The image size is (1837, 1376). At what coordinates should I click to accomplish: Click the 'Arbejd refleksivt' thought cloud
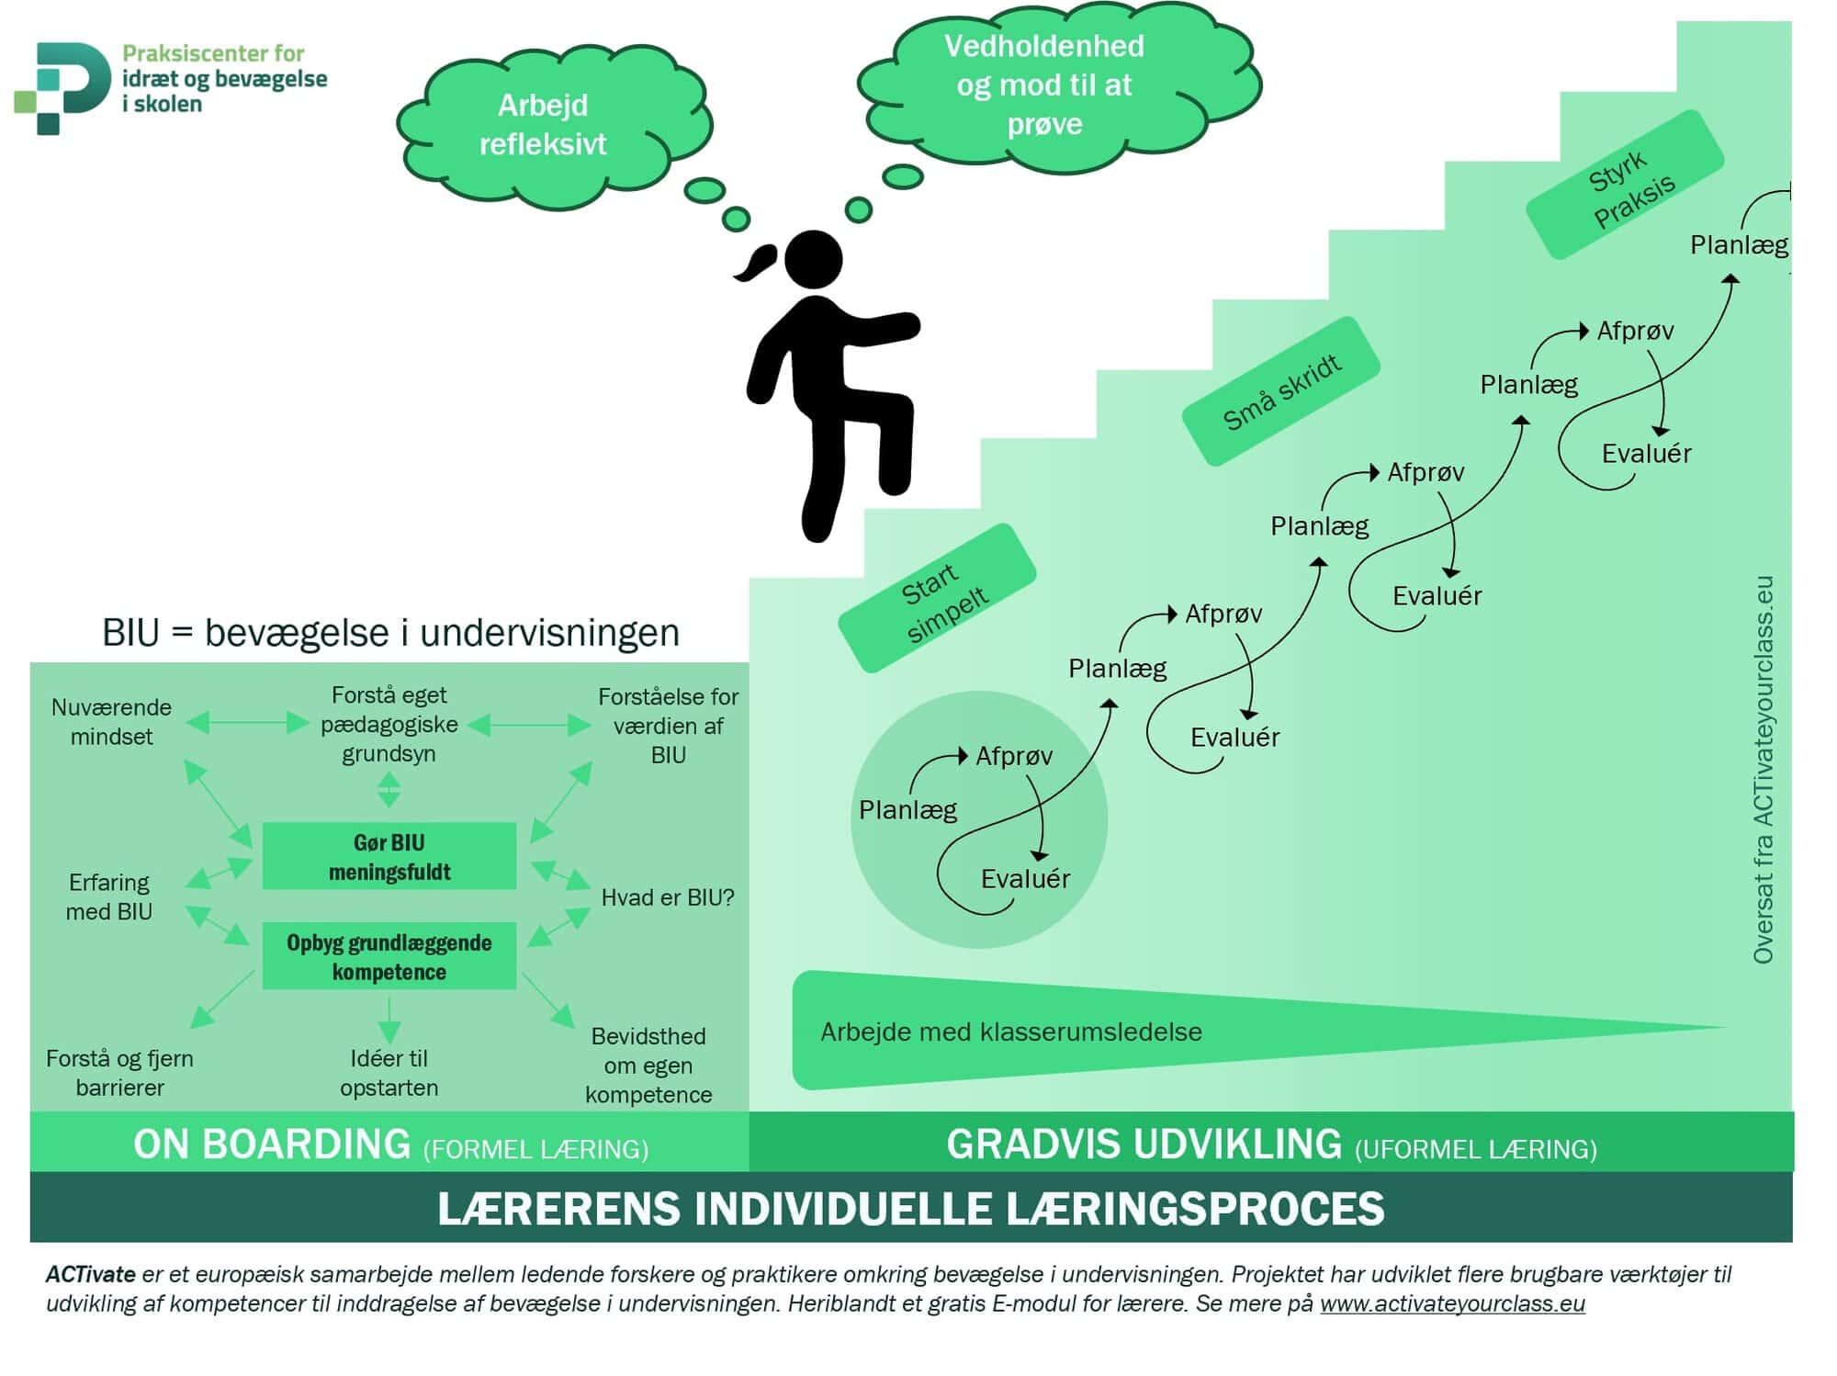pyautogui.click(x=544, y=125)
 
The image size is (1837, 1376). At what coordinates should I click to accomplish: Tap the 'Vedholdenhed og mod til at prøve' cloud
pyautogui.click(x=1044, y=85)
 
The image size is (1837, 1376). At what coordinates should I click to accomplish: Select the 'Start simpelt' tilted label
pyautogui.click(x=938, y=598)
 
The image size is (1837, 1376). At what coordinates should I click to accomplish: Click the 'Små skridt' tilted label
pyautogui.click(x=1280, y=391)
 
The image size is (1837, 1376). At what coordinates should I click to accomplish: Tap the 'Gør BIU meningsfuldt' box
pyautogui.click(x=389, y=856)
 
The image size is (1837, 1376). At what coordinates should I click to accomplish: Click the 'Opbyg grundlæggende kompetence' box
pyautogui.click(x=389, y=956)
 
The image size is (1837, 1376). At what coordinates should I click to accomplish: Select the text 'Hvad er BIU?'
pyautogui.click(x=668, y=897)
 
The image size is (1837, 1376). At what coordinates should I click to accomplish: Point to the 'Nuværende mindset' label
pyautogui.click(x=111, y=722)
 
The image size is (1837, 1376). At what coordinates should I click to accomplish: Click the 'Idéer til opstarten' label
pyautogui.click(x=389, y=1072)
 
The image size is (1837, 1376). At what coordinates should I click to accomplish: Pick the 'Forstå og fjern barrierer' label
pyautogui.click(x=119, y=1072)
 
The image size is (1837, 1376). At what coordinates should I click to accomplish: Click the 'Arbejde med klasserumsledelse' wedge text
pyautogui.click(x=1010, y=1032)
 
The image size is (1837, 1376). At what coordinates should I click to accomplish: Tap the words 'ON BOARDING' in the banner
pyautogui.click(x=272, y=1145)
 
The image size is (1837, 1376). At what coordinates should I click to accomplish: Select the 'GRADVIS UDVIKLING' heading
pyautogui.click(x=1144, y=1145)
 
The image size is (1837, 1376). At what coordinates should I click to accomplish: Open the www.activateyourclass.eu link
pyautogui.click(x=1452, y=1303)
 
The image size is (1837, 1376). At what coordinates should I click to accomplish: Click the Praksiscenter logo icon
pyautogui.click(x=62, y=87)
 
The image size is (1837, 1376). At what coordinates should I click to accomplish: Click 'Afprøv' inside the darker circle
pyautogui.click(x=1013, y=756)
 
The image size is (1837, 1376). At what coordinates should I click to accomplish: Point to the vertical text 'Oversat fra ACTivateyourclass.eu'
pyautogui.click(x=1763, y=770)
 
